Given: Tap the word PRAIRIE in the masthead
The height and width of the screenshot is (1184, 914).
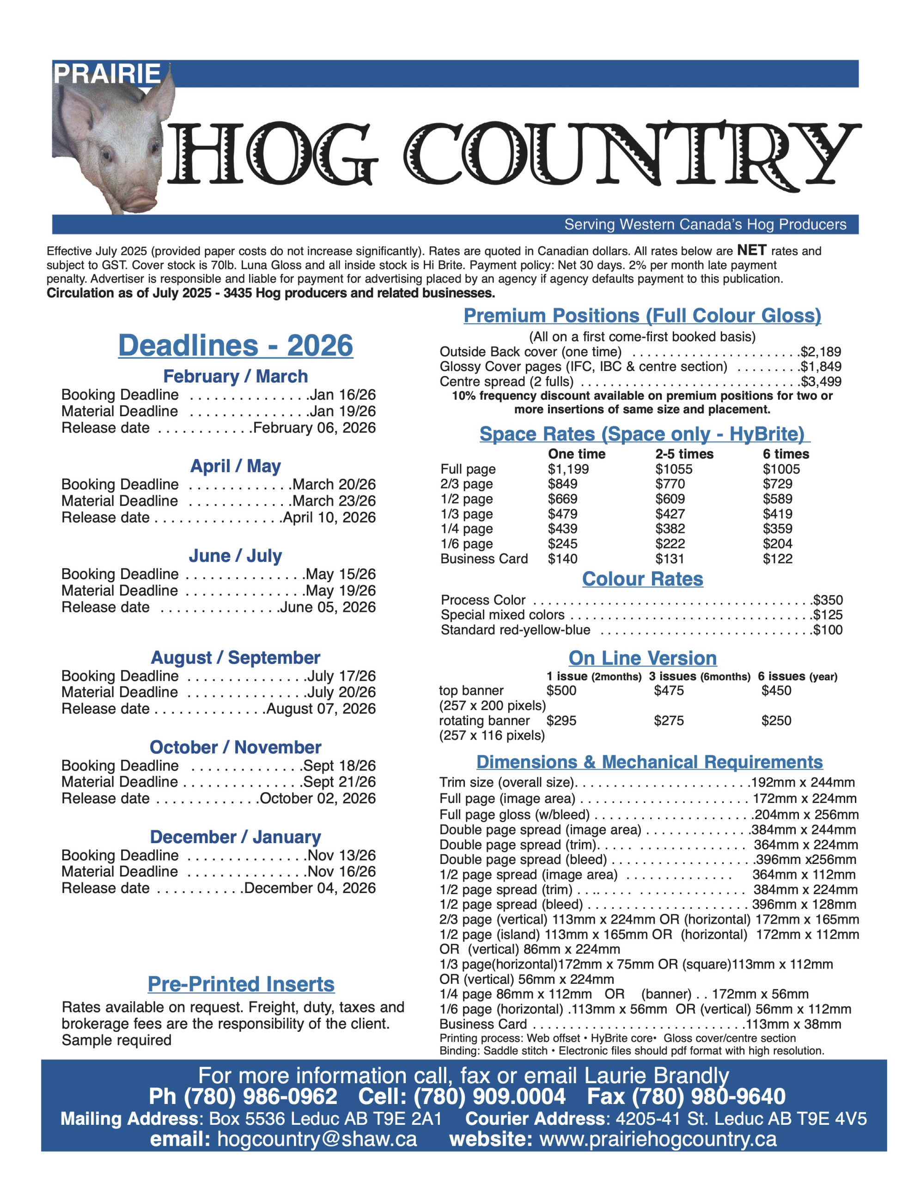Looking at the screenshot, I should [107, 74].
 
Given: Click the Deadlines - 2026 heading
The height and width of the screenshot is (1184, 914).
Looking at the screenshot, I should [236, 345].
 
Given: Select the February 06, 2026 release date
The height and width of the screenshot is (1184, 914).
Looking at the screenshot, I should [314, 428].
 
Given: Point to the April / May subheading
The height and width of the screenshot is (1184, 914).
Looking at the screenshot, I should [236, 466].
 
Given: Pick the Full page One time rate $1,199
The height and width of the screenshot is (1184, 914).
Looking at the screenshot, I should [568, 469].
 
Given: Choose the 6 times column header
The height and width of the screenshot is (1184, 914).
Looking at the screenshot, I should [786, 454].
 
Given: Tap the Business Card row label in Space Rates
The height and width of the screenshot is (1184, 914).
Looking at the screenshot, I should [484, 558].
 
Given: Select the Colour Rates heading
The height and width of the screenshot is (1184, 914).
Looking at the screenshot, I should [643, 579].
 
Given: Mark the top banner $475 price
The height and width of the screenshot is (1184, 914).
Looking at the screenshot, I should [669, 690].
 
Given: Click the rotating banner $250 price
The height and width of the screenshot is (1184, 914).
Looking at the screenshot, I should [776, 721].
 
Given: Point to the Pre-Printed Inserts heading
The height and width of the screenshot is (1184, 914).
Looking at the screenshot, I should [241, 984].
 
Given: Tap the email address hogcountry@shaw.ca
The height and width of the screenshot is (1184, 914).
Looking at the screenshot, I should [317, 1139].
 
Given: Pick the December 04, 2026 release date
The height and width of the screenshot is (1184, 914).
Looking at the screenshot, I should [310, 888].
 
